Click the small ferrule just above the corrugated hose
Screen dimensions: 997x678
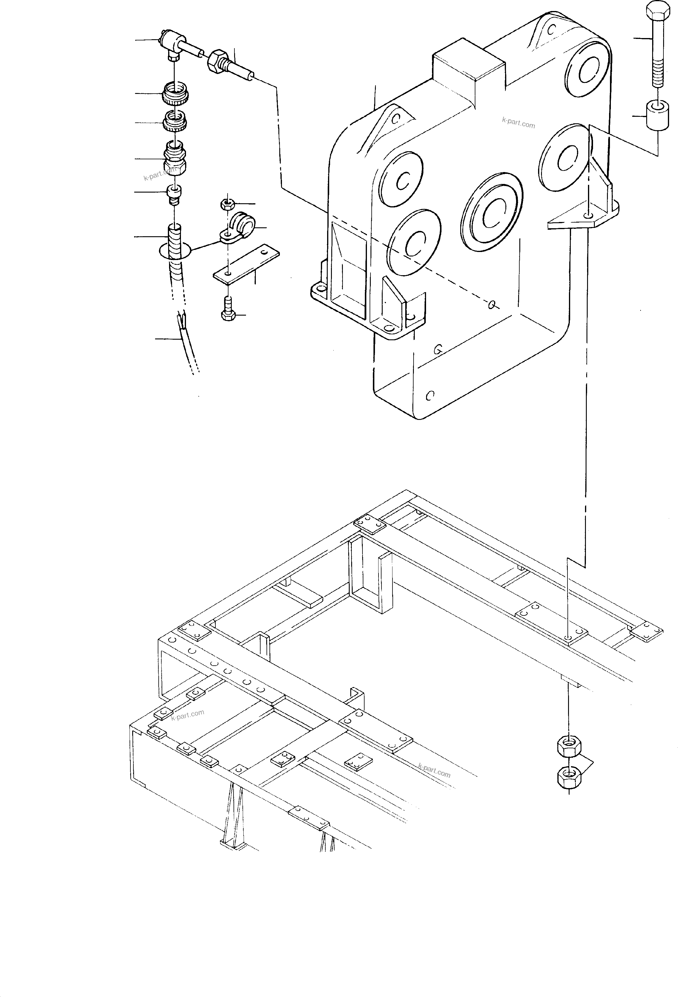(x=174, y=194)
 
